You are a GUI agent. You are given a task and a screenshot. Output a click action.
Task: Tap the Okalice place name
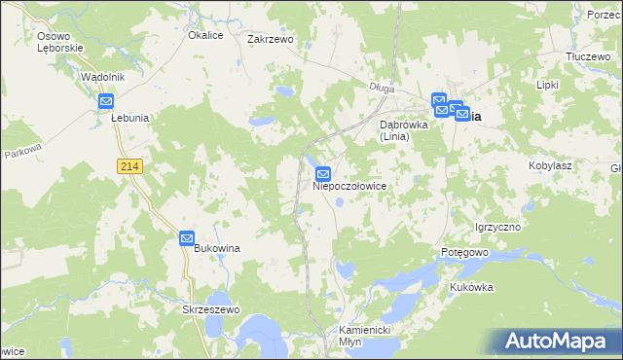click(x=206, y=35)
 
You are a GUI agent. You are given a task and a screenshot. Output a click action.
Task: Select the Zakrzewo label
click(x=271, y=40)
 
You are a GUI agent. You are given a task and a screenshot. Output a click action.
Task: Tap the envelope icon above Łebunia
click(x=107, y=100)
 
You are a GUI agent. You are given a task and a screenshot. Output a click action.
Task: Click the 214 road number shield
click(x=130, y=167)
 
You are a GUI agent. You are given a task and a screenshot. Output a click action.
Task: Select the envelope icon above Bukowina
click(x=188, y=237)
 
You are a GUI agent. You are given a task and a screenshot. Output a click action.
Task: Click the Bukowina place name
click(x=217, y=249)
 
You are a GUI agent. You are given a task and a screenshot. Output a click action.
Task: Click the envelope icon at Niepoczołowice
click(x=323, y=173)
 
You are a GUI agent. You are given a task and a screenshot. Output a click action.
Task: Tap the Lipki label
click(x=547, y=85)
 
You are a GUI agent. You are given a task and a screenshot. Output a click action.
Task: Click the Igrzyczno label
click(x=498, y=227)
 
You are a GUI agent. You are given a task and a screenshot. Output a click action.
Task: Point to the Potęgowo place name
click(x=463, y=252)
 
